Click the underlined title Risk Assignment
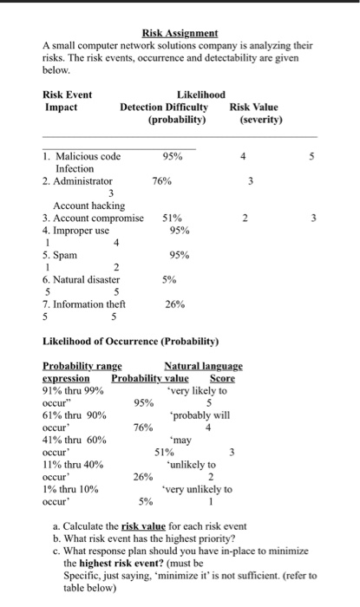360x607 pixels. point(180,33)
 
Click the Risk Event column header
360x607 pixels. point(68,95)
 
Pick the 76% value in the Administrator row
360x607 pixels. point(162,181)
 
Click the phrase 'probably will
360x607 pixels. point(200,414)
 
